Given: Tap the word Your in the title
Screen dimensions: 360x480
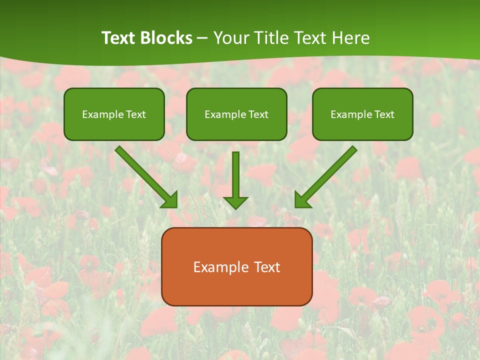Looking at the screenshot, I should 230,38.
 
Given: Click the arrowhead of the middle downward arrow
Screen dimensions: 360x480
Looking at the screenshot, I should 236,202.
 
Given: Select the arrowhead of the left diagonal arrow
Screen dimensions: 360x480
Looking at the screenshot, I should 170,200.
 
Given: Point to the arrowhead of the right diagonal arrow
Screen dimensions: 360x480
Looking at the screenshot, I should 302,200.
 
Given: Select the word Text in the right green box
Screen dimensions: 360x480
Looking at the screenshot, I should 384,114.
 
